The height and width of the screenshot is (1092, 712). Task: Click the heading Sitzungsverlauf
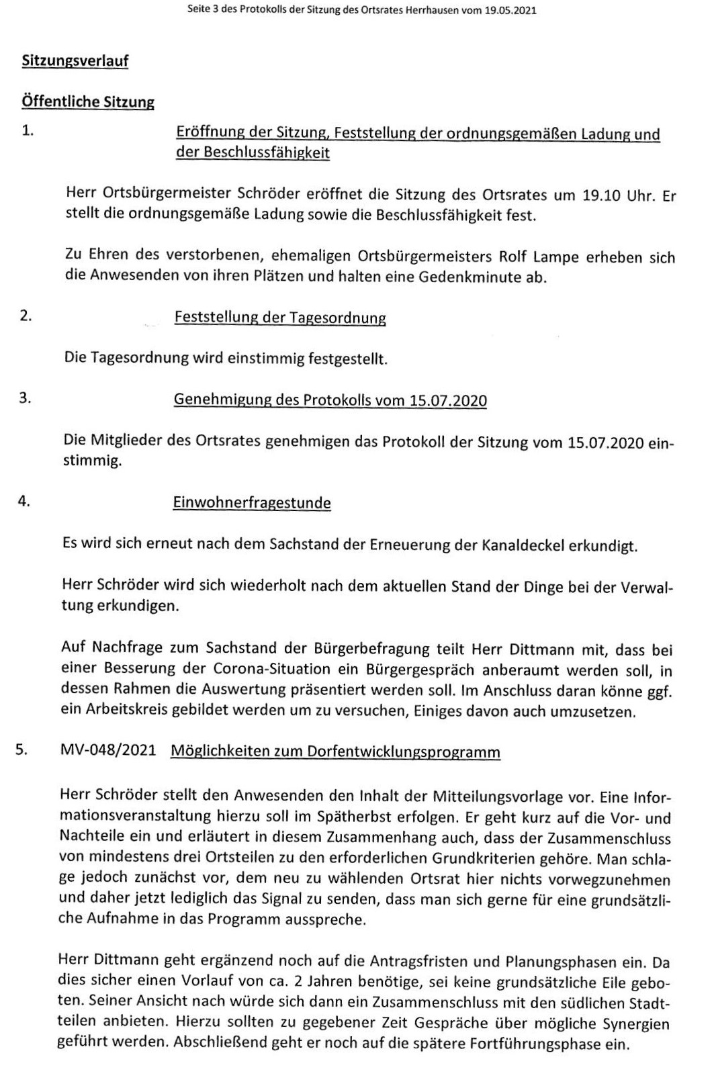[75, 61]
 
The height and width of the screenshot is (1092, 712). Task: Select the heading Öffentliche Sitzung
[88, 102]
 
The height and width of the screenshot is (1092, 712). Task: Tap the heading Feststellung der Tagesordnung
[280, 318]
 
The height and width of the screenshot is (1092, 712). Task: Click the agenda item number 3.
[25, 398]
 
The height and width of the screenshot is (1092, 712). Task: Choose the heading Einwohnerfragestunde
[252, 503]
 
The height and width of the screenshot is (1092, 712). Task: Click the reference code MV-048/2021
[107, 751]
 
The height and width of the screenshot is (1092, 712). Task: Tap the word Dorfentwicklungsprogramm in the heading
[403, 752]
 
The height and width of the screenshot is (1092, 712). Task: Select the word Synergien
[635, 1025]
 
